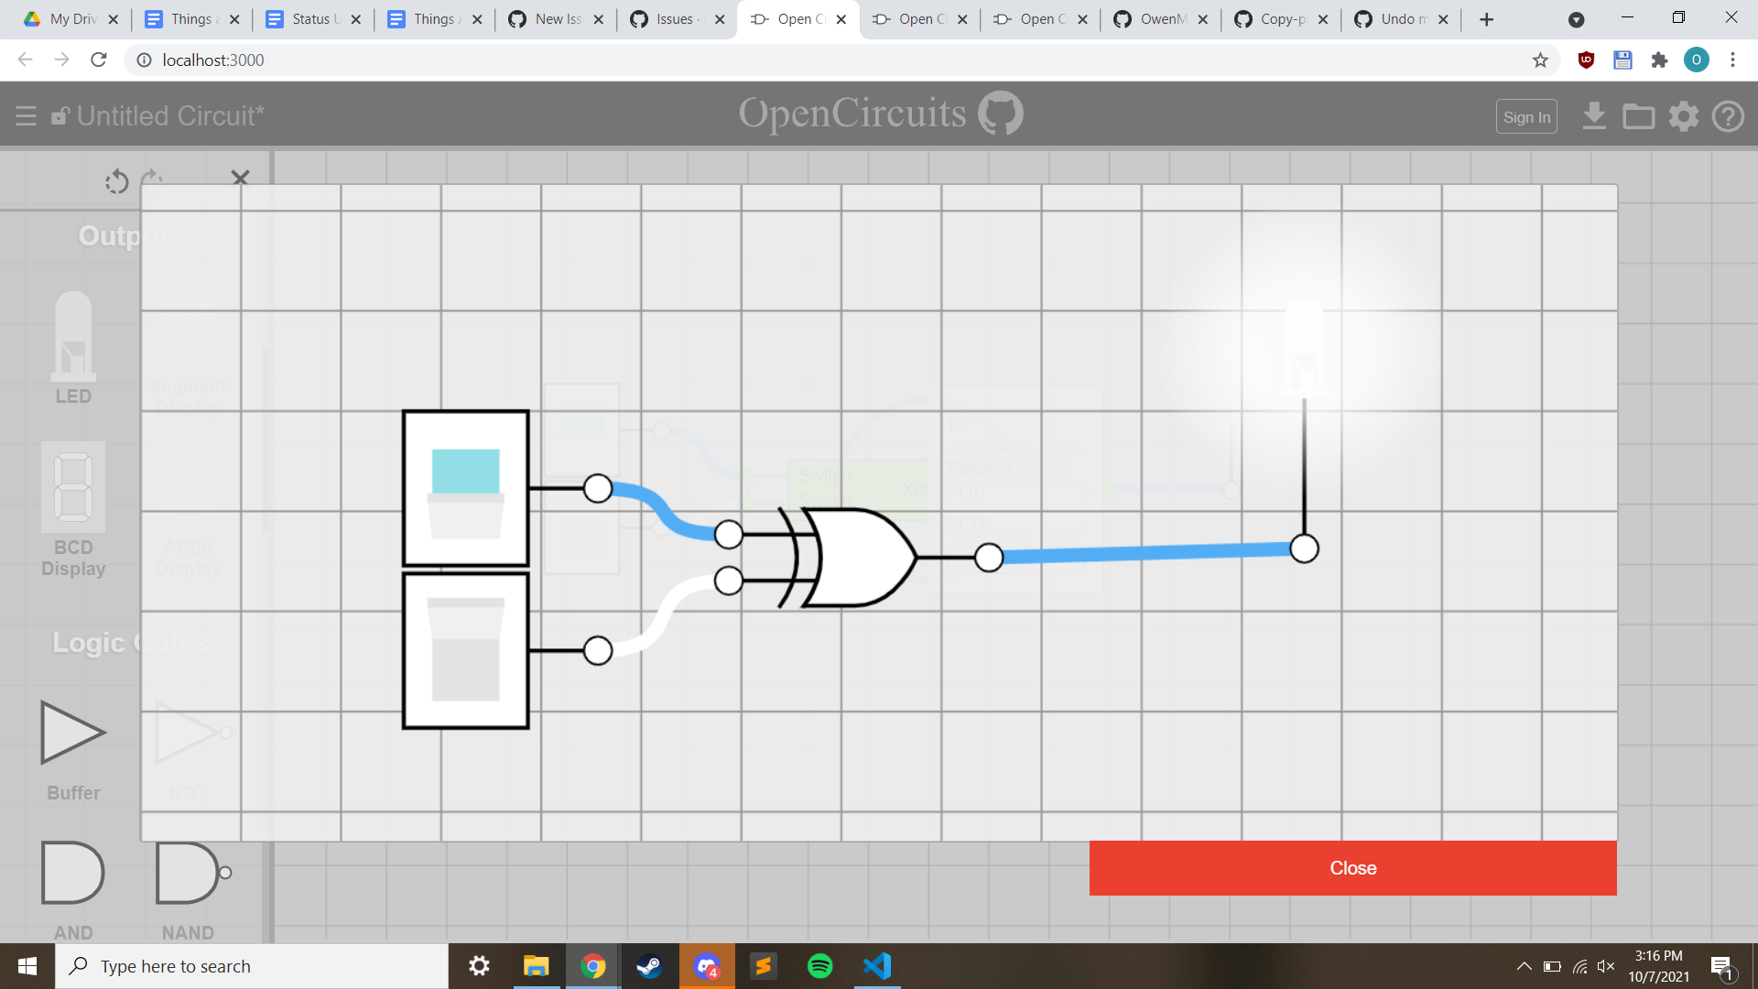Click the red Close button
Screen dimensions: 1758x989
1352,868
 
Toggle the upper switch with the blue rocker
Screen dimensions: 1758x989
466,488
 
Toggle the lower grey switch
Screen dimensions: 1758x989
466,650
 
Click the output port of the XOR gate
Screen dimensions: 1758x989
989,557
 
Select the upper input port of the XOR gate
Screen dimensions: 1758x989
729,534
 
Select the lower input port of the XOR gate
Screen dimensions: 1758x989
729,580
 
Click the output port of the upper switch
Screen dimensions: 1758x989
598,488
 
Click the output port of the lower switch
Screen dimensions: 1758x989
598,650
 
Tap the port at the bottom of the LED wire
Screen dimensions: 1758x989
1304,549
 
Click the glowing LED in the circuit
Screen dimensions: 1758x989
1304,348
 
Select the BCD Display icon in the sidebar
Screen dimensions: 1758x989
73,487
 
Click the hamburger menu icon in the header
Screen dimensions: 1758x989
26,116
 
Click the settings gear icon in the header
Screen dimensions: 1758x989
1683,116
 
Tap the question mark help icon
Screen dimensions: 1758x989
1728,116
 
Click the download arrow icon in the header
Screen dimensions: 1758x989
1594,116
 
